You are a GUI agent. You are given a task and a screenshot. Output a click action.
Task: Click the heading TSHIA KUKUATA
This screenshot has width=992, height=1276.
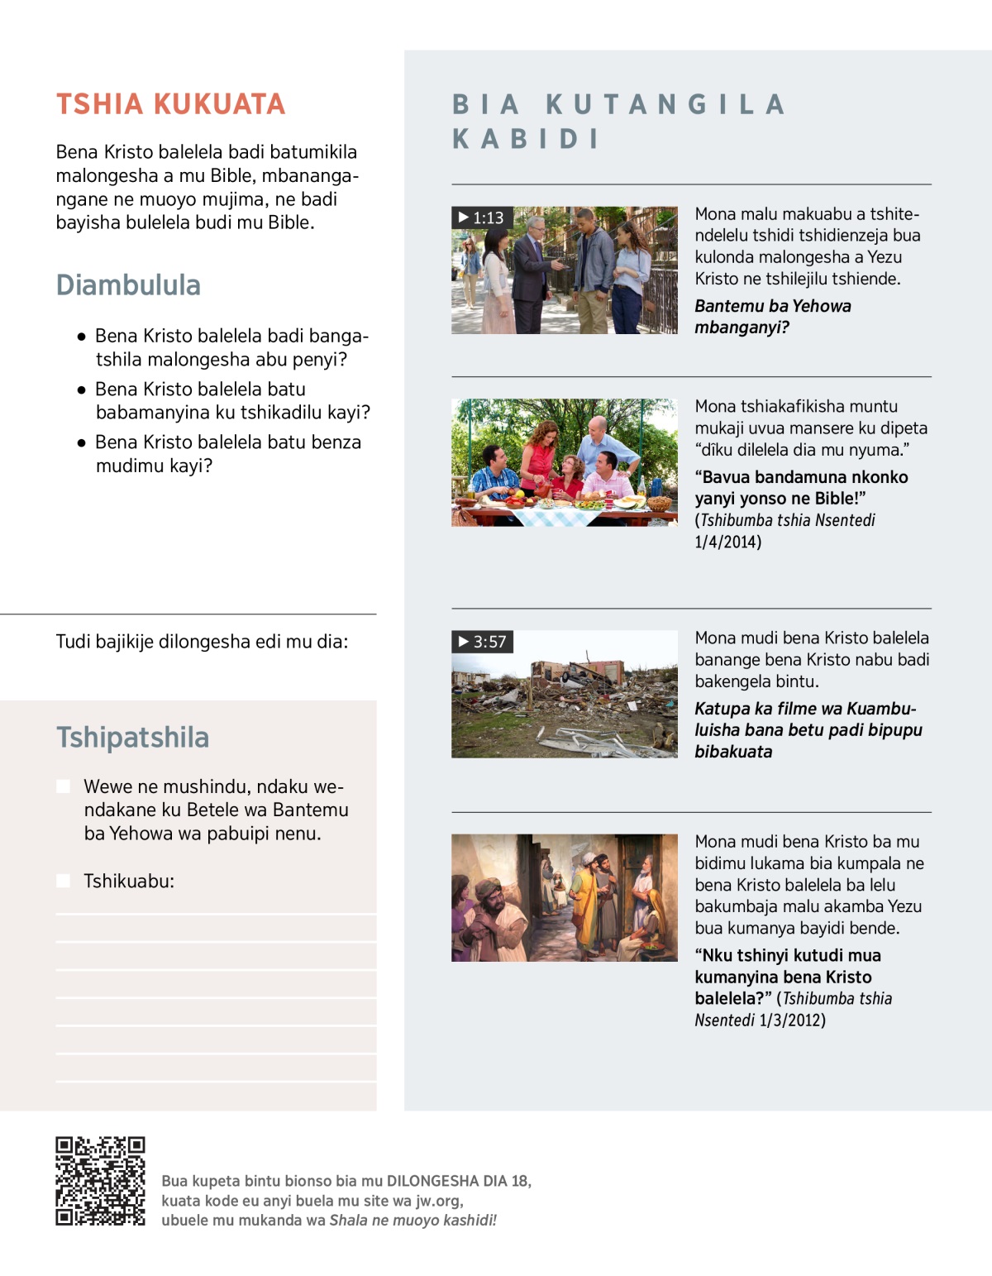(x=170, y=104)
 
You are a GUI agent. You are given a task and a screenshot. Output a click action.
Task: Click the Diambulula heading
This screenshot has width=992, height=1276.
(x=128, y=285)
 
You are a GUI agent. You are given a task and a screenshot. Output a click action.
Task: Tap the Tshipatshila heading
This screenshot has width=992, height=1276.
(x=132, y=737)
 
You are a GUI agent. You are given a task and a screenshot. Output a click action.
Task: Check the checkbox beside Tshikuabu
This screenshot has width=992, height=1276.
(x=63, y=881)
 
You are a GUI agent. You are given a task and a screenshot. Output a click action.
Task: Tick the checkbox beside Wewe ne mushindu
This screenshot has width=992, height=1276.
(x=63, y=786)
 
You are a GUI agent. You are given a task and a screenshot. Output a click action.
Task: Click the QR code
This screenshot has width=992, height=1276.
(x=100, y=1180)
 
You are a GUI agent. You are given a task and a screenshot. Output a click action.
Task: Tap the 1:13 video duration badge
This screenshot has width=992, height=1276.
(x=482, y=217)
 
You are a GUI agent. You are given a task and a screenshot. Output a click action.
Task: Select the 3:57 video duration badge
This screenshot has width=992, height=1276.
(x=483, y=642)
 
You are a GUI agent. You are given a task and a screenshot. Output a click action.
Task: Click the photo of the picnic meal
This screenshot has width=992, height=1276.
(x=564, y=462)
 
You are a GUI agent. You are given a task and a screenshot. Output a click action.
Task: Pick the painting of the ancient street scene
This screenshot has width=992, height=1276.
(x=564, y=897)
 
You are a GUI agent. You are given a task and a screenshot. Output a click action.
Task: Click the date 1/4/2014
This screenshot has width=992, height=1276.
(x=728, y=542)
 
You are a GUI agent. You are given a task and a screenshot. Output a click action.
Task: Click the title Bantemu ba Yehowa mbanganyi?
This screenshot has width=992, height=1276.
(x=772, y=317)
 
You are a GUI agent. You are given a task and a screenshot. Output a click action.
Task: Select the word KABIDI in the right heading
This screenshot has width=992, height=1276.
(x=526, y=139)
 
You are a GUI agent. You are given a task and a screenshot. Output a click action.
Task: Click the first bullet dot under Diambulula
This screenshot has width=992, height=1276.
(x=81, y=337)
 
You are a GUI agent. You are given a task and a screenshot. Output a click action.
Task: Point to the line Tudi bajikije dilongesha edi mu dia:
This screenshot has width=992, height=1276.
(x=202, y=642)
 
